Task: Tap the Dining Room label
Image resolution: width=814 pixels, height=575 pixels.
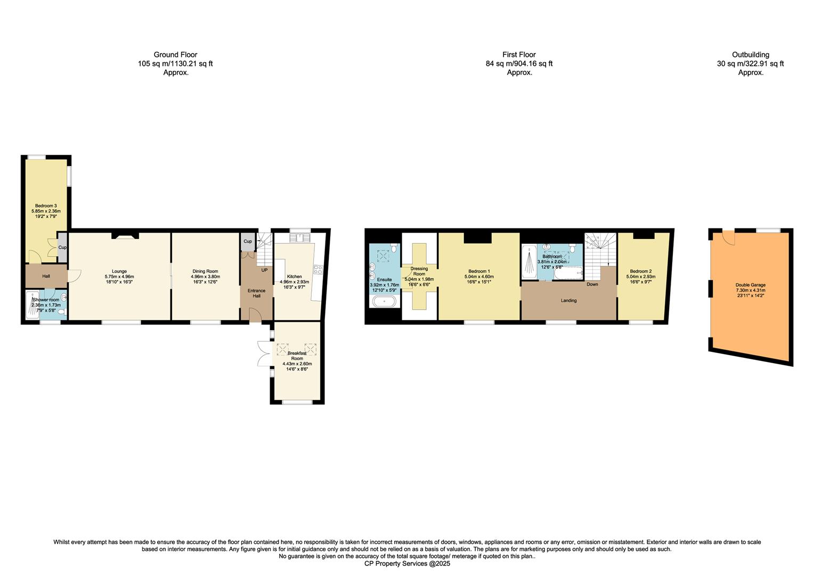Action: [205, 274]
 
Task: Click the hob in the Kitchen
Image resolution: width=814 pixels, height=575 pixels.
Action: [318, 270]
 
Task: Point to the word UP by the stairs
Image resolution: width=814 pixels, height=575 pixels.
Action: [264, 270]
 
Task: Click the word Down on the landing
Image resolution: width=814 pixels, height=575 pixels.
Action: [592, 284]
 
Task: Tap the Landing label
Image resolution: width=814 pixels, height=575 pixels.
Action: [568, 301]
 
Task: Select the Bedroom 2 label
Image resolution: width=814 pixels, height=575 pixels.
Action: [640, 274]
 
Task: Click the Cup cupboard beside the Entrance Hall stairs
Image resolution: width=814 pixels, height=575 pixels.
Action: [248, 241]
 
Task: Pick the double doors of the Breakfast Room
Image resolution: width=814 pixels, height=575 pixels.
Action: [262, 354]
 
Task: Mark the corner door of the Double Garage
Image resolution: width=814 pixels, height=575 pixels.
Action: [728, 238]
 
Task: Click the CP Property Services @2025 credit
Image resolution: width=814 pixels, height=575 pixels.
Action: [407, 563]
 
